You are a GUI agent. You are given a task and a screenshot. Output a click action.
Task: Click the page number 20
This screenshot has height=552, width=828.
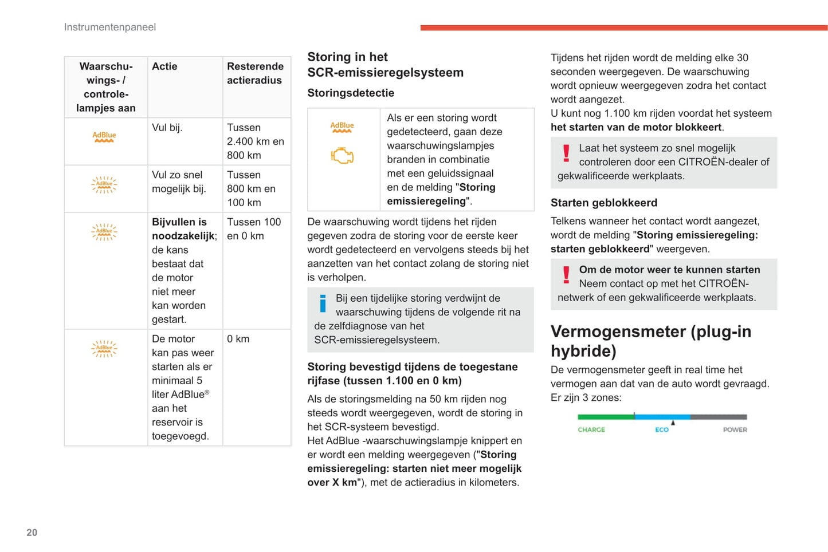coord(32,533)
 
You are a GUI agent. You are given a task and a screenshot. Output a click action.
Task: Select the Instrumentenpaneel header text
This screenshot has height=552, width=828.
coord(110,27)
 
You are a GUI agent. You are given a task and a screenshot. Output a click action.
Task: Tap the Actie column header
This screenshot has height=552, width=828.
coord(164,66)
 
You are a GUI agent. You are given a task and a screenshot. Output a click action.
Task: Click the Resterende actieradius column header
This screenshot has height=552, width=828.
coord(255,73)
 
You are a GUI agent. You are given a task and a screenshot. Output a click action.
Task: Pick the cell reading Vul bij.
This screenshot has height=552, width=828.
coord(167,128)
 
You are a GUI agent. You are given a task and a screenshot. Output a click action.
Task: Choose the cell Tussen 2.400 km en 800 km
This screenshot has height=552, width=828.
coord(256,141)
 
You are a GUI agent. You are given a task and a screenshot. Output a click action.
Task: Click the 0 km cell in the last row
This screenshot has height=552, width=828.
coord(238,339)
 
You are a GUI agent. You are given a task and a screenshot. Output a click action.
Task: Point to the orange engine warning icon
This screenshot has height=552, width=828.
coord(342,156)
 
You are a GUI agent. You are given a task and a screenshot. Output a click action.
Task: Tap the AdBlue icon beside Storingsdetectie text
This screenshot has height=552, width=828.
coord(342,127)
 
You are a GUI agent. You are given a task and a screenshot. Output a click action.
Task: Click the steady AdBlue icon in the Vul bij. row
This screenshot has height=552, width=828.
coord(104,137)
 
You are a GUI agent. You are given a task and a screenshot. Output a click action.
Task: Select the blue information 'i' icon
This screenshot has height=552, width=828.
coord(323,303)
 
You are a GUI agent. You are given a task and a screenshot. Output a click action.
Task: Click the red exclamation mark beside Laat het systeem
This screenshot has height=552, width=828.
coord(566,153)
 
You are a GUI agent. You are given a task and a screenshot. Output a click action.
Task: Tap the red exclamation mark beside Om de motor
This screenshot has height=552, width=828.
coord(566,275)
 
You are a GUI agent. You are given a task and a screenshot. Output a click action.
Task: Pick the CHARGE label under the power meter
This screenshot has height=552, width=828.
coord(591,429)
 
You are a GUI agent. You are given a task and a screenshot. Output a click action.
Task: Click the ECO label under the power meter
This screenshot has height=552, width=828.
coord(662,429)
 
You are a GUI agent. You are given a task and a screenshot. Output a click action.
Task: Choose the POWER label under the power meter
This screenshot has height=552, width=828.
coord(735,429)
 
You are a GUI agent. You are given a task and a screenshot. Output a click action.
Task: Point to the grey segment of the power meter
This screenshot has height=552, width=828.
coord(719,417)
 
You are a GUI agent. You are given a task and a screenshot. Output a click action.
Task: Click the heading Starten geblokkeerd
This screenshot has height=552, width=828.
coord(604,203)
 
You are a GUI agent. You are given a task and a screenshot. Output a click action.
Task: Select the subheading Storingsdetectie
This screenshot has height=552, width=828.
coord(351,93)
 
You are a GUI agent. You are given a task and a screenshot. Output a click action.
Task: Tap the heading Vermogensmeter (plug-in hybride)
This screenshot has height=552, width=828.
coord(651,341)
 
